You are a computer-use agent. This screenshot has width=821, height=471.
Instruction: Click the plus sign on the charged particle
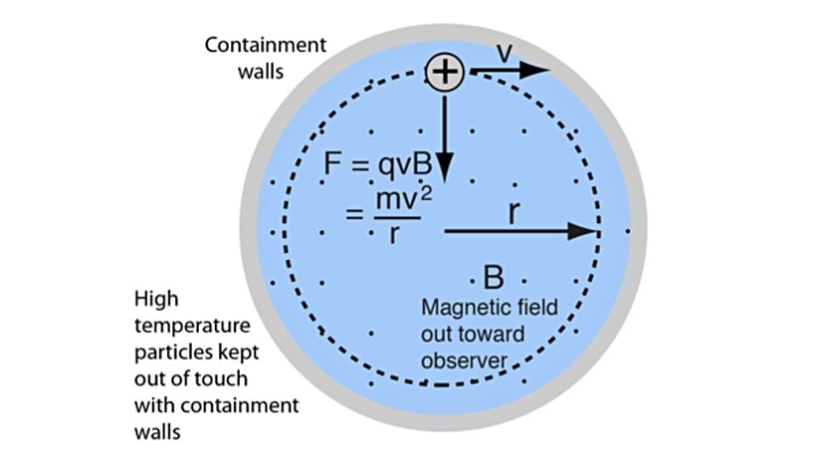coord(445,72)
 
